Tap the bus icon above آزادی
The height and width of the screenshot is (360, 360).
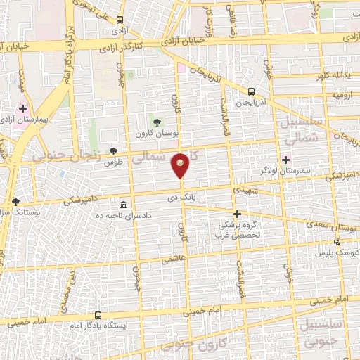pyautogui.click(x=120, y=20)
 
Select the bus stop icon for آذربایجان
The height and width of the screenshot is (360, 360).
pyautogui.click(x=251, y=91)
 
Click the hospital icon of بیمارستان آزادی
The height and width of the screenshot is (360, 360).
pyautogui.click(x=23, y=109)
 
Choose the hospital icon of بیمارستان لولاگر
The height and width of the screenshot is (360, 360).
pyautogui.click(x=285, y=159)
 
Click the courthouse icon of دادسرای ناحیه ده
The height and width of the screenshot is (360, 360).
pyautogui.click(x=123, y=203)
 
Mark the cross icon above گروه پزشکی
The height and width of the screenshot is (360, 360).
pyautogui.click(x=237, y=214)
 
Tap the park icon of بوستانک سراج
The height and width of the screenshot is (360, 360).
pyautogui.click(x=15, y=201)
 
